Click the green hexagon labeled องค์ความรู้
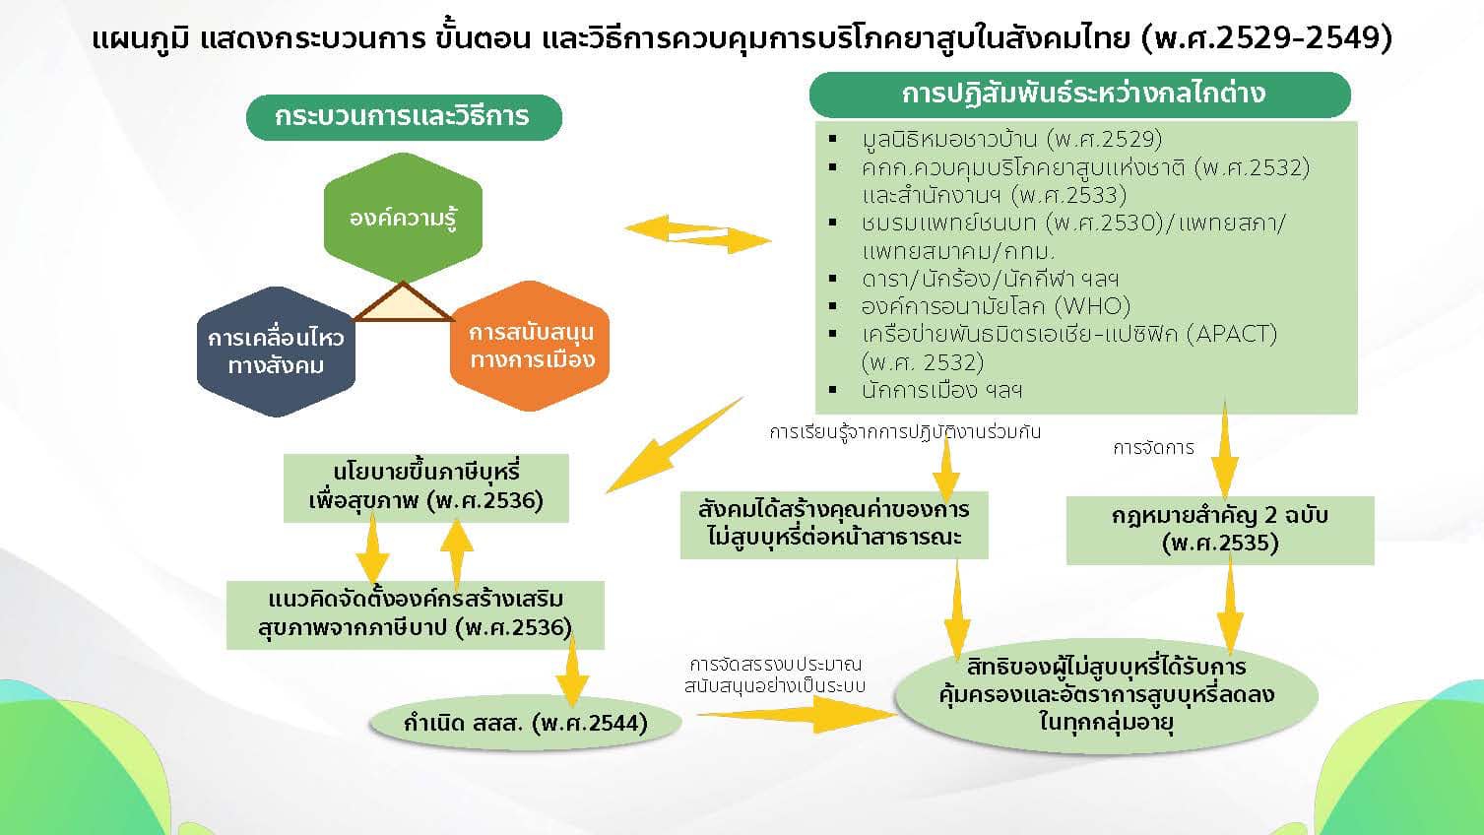(403, 218)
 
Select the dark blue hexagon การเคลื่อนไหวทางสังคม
(276, 352)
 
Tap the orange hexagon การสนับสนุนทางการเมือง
(531, 346)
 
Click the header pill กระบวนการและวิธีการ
(403, 116)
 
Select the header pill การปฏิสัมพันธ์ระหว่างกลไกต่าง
(1080, 95)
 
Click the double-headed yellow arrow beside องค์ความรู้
(697, 233)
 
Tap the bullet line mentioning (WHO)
(995, 306)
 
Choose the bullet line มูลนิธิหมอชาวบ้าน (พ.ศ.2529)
(1010, 139)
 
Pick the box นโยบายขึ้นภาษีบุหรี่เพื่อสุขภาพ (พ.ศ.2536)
(425, 487)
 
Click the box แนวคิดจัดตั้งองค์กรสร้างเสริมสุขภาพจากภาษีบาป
(415, 613)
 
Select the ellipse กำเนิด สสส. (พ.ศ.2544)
(525, 724)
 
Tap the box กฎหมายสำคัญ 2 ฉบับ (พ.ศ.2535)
(1219, 530)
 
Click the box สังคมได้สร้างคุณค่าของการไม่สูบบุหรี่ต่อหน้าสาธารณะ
(834, 524)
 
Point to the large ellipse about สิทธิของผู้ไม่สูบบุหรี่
(1106, 694)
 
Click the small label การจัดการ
(1153, 448)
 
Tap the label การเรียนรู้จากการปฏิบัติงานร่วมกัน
(905, 432)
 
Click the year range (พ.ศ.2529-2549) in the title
(1267, 39)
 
